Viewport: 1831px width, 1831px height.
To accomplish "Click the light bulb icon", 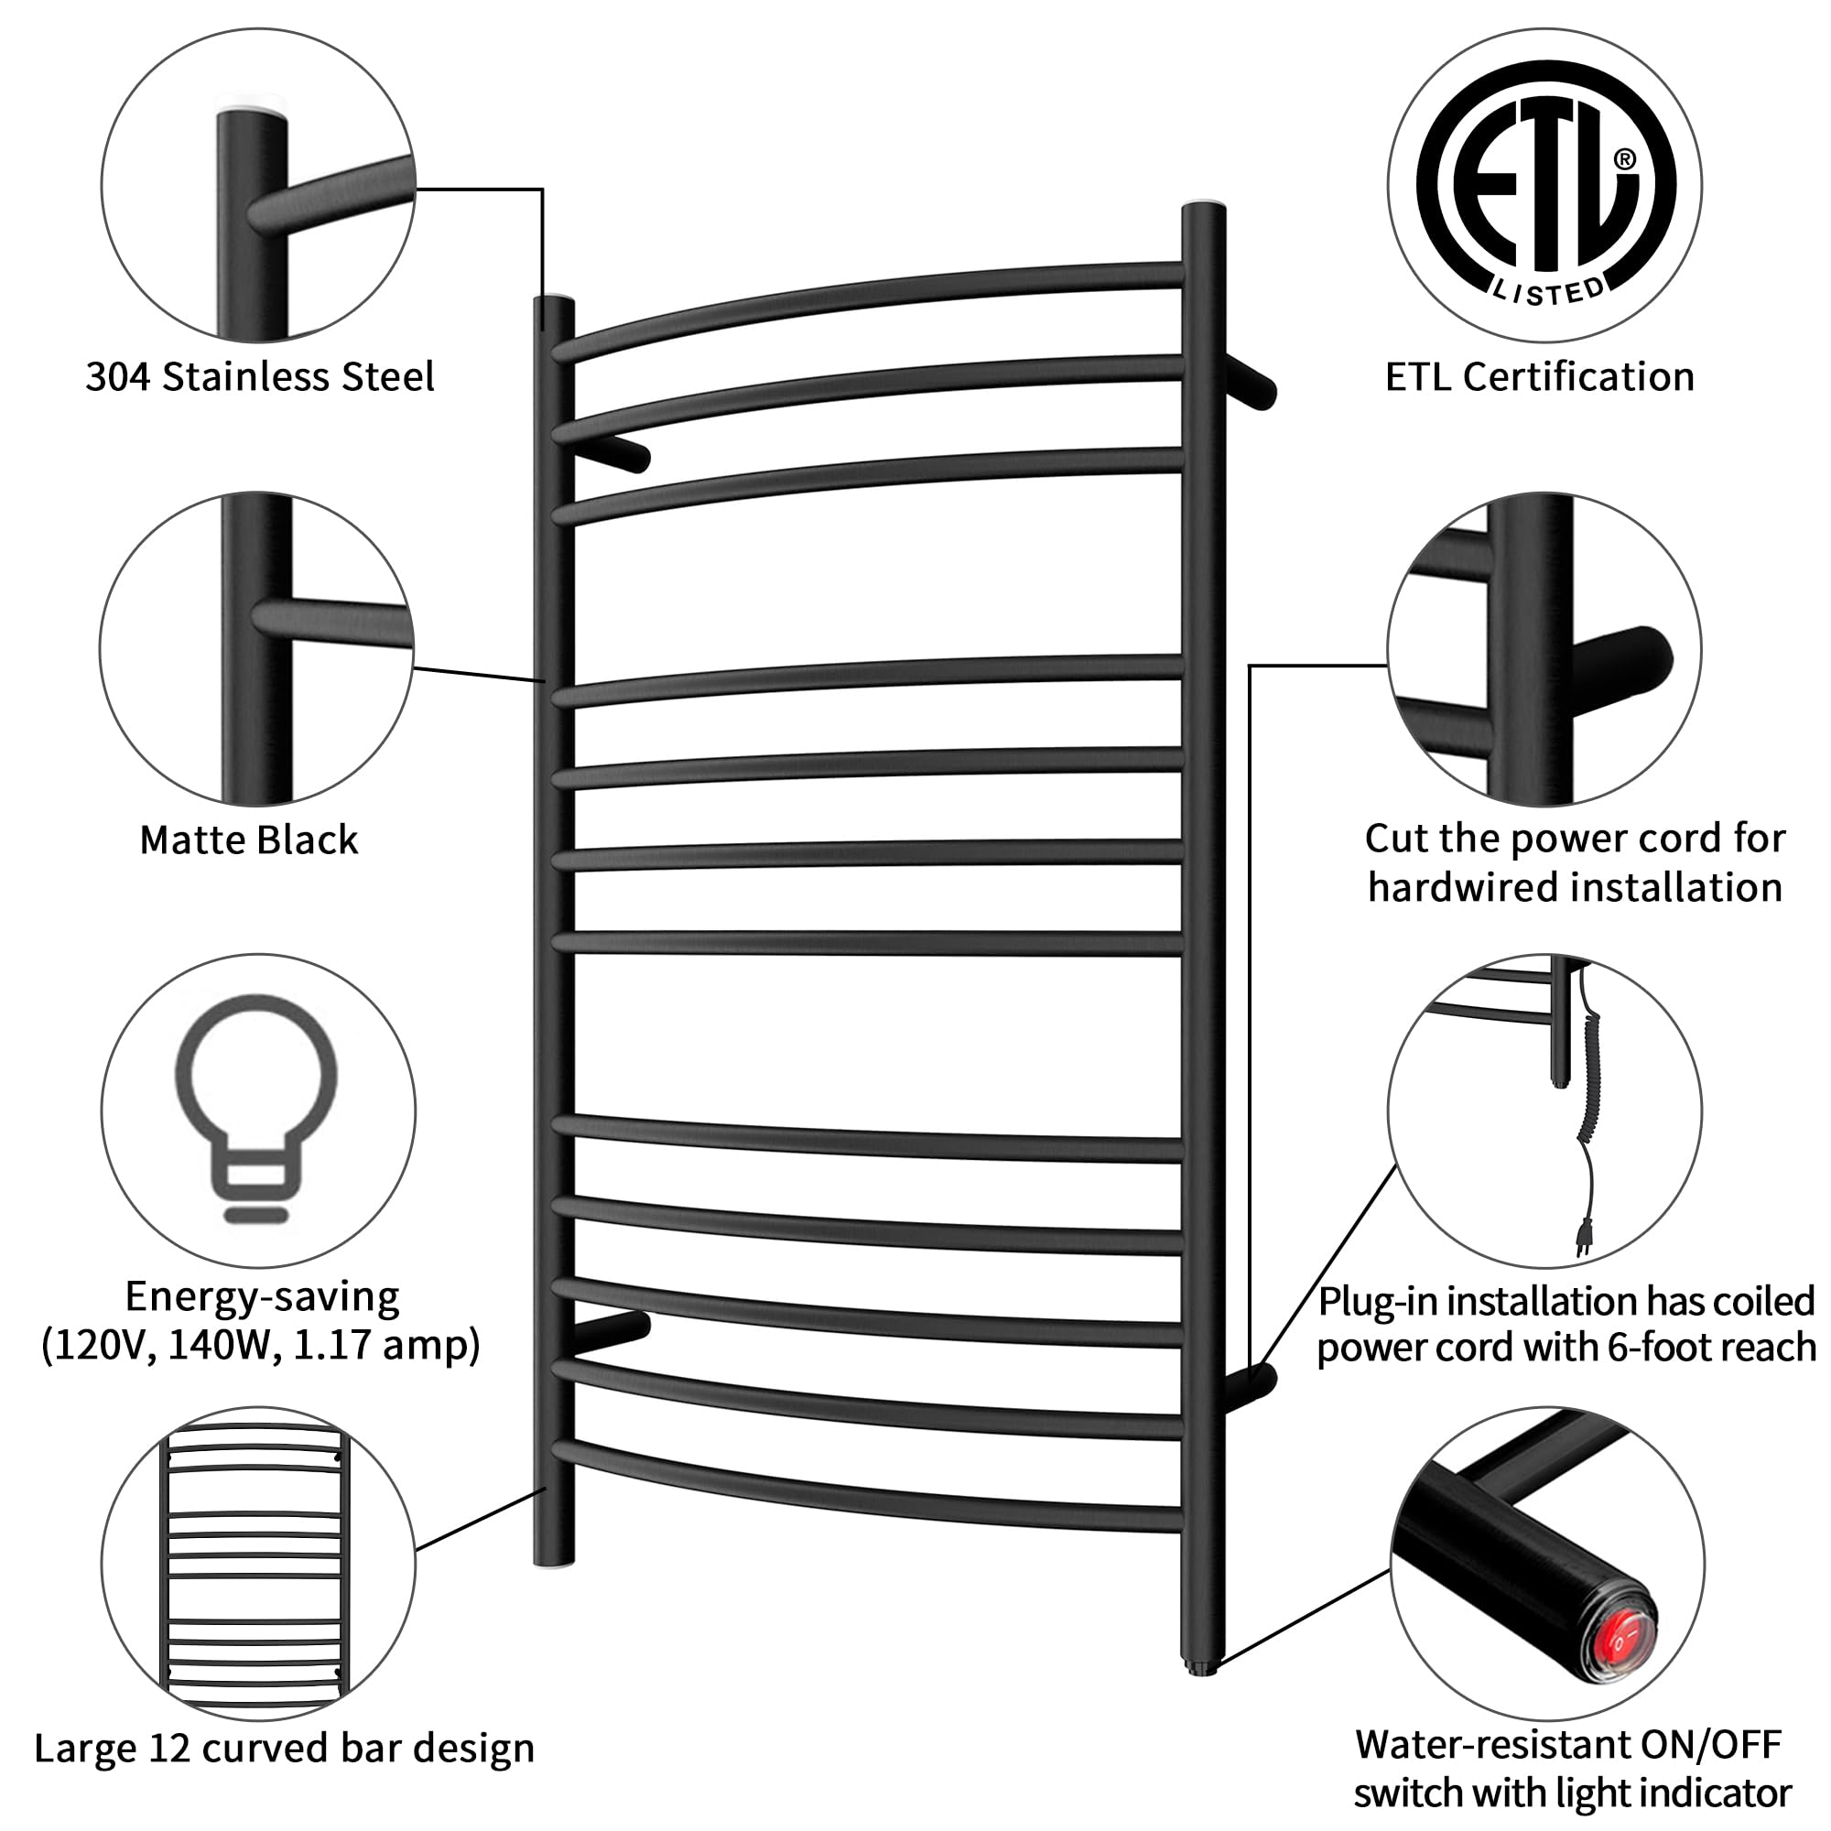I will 256,1105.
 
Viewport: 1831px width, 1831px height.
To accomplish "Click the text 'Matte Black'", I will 248,840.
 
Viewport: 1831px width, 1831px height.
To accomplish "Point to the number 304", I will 117,377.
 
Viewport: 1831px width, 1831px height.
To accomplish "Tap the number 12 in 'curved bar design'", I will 170,1749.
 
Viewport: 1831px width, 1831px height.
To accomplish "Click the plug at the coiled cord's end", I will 1584,1237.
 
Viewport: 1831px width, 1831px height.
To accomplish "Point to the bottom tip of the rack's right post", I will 1202,1670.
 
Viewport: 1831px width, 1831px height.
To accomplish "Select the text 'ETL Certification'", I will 1539,377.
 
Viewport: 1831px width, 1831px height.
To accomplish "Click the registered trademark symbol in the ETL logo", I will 1624,159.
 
